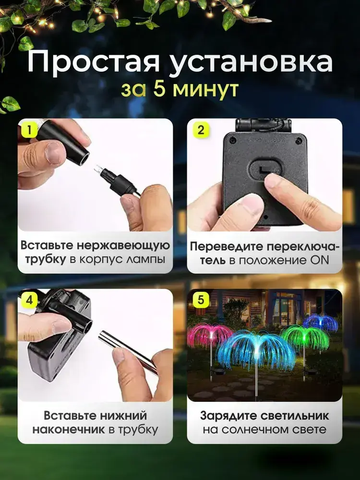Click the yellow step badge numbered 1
point(29,131)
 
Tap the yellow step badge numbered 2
point(201,131)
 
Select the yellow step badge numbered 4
point(29,300)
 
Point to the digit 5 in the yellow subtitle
point(159,89)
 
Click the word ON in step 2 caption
point(320,260)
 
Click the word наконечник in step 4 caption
point(69,430)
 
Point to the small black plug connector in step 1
point(118,181)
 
